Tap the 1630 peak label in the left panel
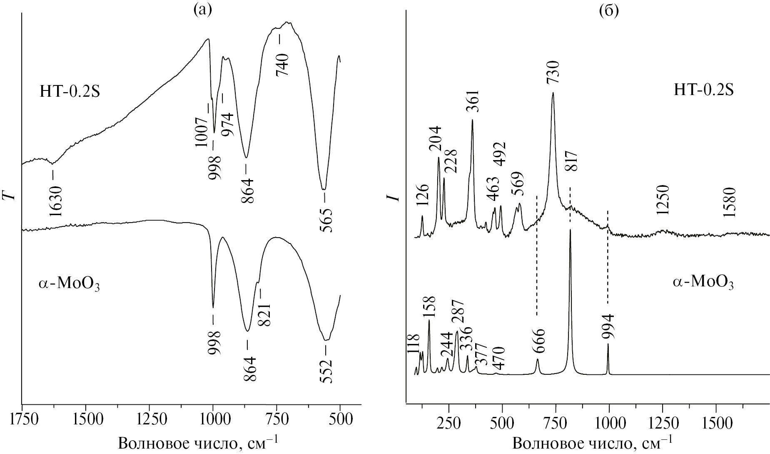55,201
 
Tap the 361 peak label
473,101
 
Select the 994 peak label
608,326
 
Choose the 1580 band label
729,203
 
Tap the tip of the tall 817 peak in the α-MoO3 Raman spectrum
570,230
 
